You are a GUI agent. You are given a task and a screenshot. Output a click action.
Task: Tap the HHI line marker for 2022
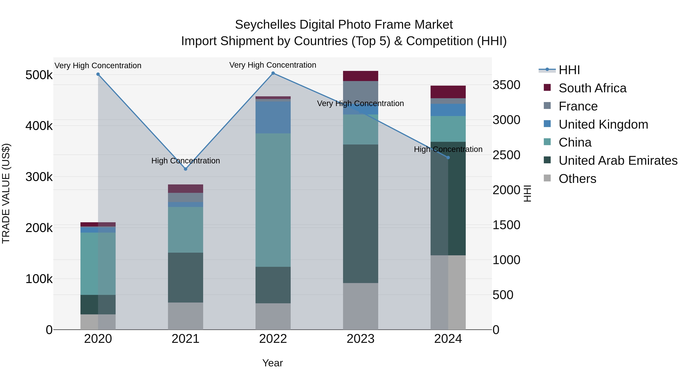coord(273,73)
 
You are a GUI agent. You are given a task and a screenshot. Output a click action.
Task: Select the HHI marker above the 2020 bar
coord(98,74)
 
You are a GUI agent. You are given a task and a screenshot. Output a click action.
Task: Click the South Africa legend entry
coord(592,88)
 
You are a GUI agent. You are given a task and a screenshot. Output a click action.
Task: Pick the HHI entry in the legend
coord(569,70)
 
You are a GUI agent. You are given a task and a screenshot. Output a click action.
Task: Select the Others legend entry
coord(577,179)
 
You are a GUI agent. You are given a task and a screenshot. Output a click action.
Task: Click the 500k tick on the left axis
coord(39,75)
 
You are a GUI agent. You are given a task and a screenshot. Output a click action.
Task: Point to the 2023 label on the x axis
coord(361,339)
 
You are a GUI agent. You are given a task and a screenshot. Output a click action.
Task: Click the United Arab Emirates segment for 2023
coord(361,214)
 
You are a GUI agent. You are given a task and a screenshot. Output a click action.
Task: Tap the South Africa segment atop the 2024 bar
coord(448,92)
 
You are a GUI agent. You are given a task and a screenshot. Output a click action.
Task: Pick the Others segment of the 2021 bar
coord(186,316)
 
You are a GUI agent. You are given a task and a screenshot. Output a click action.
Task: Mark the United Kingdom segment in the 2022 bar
coord(273,117)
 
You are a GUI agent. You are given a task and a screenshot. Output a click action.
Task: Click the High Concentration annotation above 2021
coord(186,161)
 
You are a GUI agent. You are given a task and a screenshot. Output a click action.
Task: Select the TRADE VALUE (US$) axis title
coord(6,193)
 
